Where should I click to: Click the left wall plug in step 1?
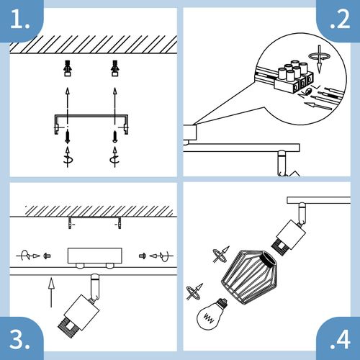(x=66, y=69)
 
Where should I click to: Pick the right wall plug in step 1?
(x=114, y=69)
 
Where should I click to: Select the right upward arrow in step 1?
(x=114, y=96)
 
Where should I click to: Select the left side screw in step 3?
(x=47, y=255)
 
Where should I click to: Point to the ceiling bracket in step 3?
(x=93, y=220)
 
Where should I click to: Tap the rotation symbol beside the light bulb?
(x=192, y=292)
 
